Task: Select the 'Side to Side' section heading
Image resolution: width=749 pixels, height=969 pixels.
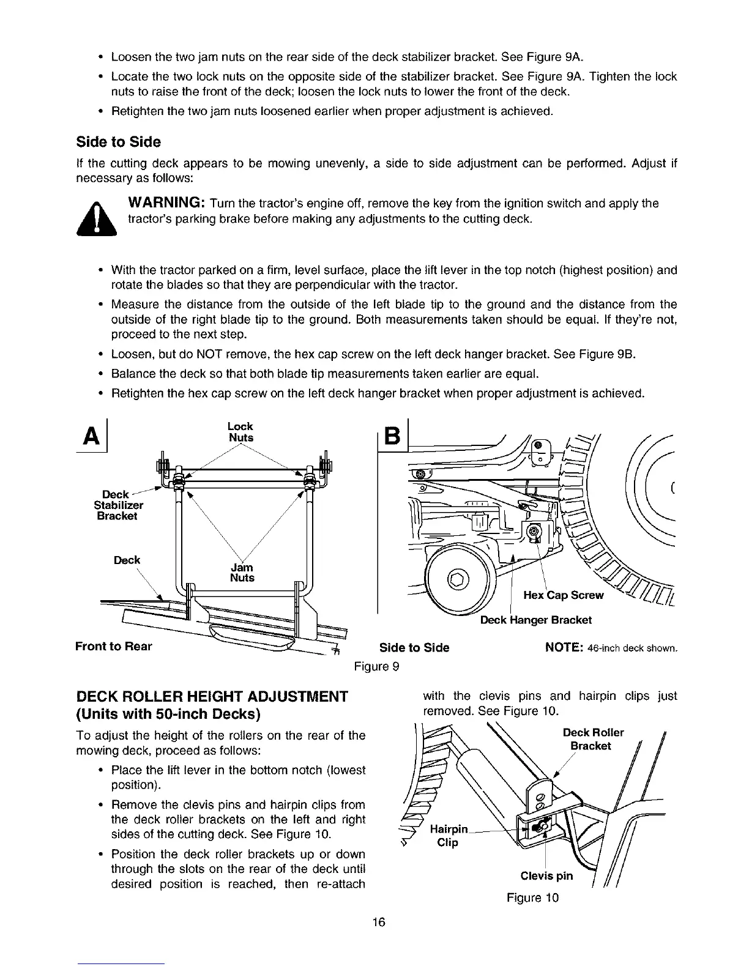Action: [x=118, y=142]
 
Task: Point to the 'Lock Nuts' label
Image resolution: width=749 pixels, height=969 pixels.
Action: [x=240, y=432]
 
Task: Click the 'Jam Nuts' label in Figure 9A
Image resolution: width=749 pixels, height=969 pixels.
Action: [x=242, y=573]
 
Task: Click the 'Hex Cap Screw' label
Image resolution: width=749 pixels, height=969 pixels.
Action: [x=564, y=595]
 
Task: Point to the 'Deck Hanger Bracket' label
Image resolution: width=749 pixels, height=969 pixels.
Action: [x=535, y=620]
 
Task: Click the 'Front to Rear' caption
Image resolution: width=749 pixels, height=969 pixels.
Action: [x=113, y=646]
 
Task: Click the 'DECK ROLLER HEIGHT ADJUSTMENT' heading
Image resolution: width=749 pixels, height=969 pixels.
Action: [x=211, y=696]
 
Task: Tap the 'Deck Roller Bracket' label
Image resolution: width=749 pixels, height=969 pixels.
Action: [x=592, y=739]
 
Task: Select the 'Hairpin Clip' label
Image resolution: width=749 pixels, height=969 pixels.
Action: [x=449, y=836]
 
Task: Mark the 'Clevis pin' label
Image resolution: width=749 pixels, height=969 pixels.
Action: [x=546, y=875]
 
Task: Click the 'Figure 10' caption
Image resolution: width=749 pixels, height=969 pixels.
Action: [x=532, y=898]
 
